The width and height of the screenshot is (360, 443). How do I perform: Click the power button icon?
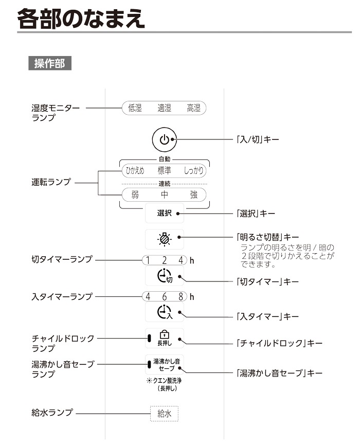coord(164,139)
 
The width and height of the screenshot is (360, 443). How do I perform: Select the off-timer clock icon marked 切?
coord(164,278)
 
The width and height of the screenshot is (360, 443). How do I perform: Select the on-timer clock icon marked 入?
coord(164,312)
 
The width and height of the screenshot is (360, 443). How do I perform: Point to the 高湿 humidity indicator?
coord(194,108)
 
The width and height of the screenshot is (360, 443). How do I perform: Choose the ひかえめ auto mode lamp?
coord(135,170)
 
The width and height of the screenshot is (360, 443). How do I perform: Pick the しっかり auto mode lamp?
coord(194,170)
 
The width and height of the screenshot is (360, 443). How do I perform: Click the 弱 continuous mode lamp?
coord(135,195)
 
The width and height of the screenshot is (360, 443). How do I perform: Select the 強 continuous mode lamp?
coord(194,195)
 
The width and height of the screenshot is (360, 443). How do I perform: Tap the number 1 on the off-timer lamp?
coord(148,260)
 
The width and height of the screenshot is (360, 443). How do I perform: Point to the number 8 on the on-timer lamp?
coord(181,296)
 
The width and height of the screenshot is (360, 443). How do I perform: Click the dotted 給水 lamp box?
coord(164,413)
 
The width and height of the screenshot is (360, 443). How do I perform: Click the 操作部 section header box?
coord(49,64)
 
